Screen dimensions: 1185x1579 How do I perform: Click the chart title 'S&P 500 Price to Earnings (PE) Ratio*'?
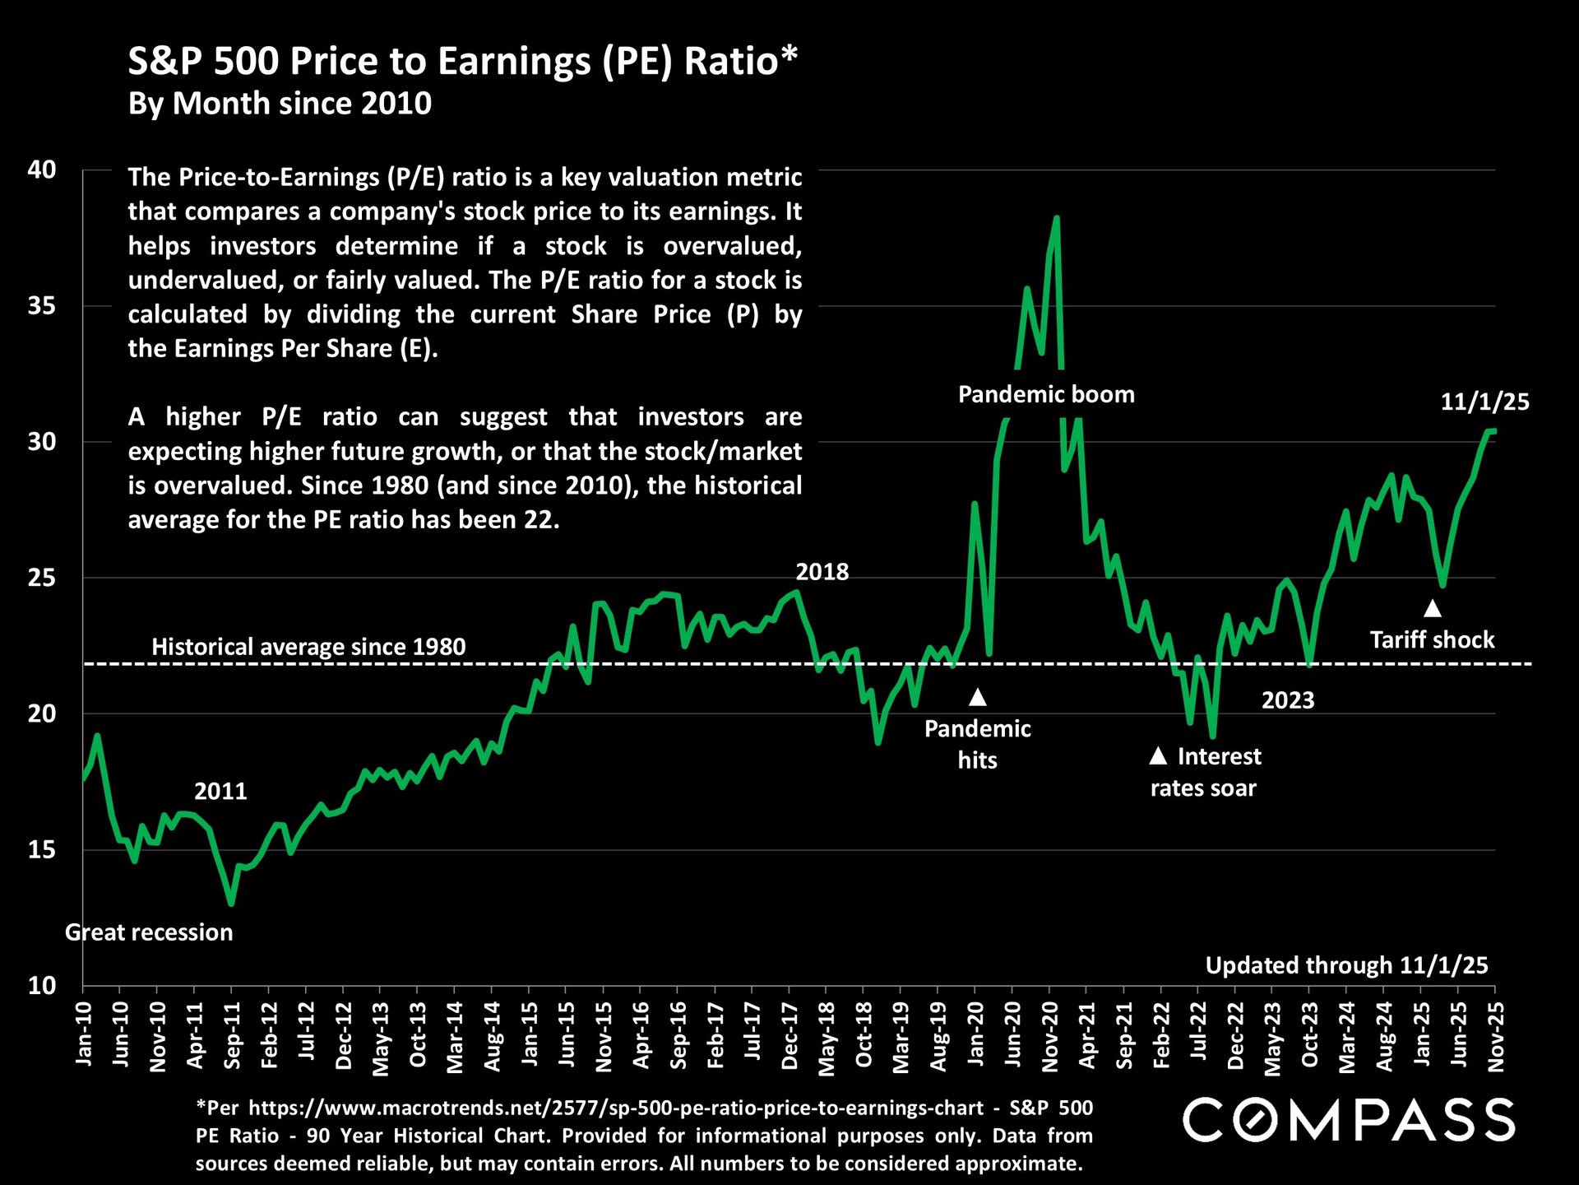pyautogui.click(x=462, y=62)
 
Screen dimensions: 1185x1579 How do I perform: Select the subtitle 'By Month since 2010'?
pyautogui.click(x=280, y=104)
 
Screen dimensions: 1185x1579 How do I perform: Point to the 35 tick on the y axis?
pyautogui.click(x=42, y=306)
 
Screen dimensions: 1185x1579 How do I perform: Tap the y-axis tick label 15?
pyautogui.click(x=42, y=850)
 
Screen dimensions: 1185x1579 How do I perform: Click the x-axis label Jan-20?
pyautogui.click(x=975, y=1034)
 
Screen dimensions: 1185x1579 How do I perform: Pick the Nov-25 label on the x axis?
pyautogui.click(x=1496, y=1036)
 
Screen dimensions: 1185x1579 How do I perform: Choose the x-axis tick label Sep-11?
pyautogui.click(x=233, y=1035)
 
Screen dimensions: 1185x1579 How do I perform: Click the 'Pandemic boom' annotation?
pyautogui.click(x=1046, y=395)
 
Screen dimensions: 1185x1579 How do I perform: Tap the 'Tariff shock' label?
pyautogui.click(x=1432, y=640)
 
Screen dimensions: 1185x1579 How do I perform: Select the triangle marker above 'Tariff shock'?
pyautogui.click(x=1433, y=609)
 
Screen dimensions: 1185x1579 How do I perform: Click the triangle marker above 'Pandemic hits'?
pyautogui.click(x=977, y=698)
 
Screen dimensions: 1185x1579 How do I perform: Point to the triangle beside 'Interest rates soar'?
pyautogui.click(x=1158, y=755)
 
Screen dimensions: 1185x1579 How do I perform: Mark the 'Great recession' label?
pyautogui.click(x=149, y=932)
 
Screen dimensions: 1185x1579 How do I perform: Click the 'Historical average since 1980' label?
pyautogui.click(x=308, y=647)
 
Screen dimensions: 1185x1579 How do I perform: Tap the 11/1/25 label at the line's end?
pyautogui.click(x=1484, y=402)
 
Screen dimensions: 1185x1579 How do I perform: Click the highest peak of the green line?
pyautogui.click(x=1057, y=218)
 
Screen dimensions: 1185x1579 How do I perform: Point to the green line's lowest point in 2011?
pyautogui.click(x=231, y=904)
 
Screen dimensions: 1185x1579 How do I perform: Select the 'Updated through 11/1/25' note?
pyautogui.click(x=1346, y=965)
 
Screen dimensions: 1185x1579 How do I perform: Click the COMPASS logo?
pyautogui.click(x=1349, y=1119)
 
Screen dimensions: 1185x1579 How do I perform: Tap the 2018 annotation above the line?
pyautogui.click(x=822, y=572)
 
